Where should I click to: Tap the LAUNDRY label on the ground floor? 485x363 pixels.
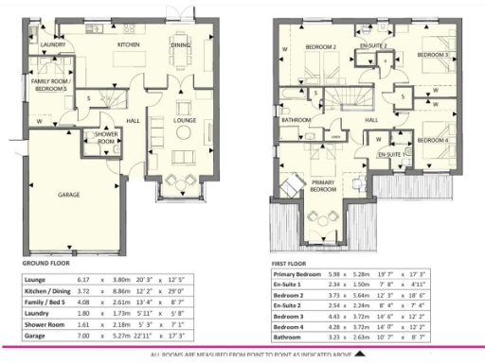(x=52, y=44)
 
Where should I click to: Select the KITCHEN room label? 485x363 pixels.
(x=129, y=44)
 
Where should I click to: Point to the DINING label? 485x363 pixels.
(x=180, y=44)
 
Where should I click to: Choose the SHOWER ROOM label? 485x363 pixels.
(x=105, y=137)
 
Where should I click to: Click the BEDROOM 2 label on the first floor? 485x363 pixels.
(x=320, y=46)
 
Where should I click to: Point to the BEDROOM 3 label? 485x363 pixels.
(x=432, y=55)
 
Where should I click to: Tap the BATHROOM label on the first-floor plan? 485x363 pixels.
(x=296, y=120)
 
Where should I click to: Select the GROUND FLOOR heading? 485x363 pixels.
(x=46, y=264)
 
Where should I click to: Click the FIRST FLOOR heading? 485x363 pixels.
(x=290, y=264)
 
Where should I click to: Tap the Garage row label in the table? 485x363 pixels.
(x=35, y=335)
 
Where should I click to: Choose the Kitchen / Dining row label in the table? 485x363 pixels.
(x=45, y=292)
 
